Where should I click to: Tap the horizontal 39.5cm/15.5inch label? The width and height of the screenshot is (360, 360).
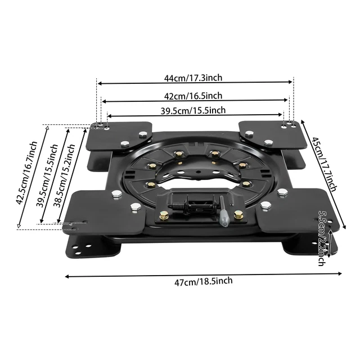pyautogui.click(x=193, y=110)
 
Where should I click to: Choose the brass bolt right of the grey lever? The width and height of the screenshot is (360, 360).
pyautogui.click(x=238, y=214)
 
